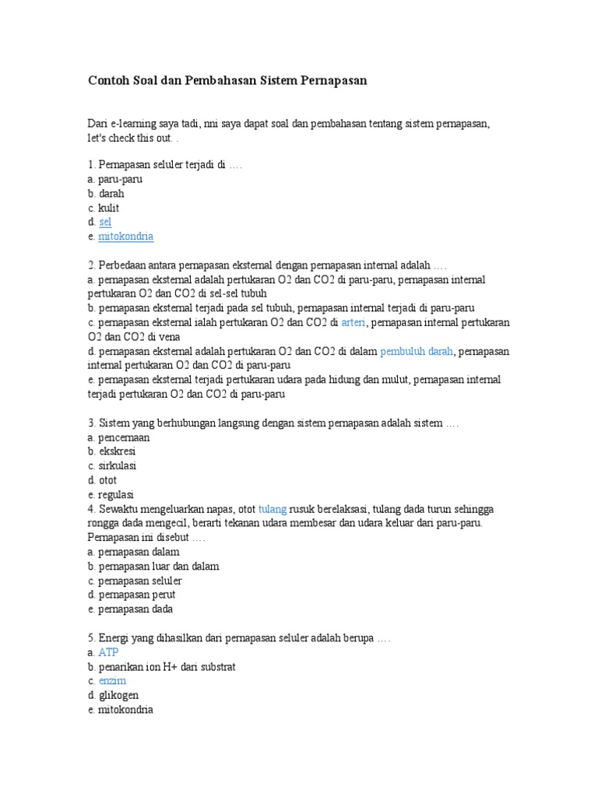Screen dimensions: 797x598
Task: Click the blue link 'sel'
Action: pyautogui.click(x=105, y=222)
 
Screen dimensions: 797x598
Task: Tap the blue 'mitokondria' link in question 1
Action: pyautogui.click(x=125, y=236)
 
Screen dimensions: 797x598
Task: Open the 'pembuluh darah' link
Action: pyautogui.click(x=417, y=351)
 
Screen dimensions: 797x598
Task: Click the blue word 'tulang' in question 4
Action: pyautogui.click(x=273, y=509)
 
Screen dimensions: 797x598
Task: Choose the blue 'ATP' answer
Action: pyautogui.click(x=108, y=652)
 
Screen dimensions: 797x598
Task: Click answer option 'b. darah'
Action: pyautogui.click(x=106, y=193)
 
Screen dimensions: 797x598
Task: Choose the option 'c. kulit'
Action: pyautogui.click(x=104, y=208)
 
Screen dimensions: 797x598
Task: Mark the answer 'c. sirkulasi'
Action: pyautogui.click(x=112, y=465)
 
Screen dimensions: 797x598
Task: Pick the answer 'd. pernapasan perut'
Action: pyautogui.click(x=132, y=595)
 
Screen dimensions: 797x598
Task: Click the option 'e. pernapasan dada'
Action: pyautogui.click(x=131, y=609)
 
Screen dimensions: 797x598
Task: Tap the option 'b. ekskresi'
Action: pyautogui.click(x=112, y=451)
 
